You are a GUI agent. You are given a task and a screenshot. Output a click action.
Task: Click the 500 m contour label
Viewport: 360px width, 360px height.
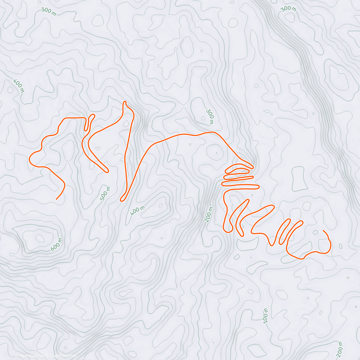(x=105, y=193)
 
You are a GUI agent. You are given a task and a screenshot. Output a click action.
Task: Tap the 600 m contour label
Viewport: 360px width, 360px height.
(x=56, y=244)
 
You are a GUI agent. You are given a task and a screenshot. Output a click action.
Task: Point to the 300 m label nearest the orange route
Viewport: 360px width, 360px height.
(x=210, y=117)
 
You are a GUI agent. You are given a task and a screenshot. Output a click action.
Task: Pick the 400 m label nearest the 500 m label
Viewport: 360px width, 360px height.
(x=137, y=211)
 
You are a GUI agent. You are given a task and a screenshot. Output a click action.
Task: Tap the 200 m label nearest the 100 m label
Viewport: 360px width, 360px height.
(x=340, y=348)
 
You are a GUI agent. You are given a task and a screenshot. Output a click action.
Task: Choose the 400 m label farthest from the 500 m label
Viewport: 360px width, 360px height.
(x=18, y=86)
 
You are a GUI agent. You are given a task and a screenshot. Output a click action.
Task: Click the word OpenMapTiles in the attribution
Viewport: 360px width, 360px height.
(x=31, y=356)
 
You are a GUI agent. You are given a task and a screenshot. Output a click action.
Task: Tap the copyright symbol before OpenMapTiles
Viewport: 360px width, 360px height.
(x=17, y=356)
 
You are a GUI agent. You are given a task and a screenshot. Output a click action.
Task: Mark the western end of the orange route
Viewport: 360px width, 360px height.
(x=56, y=199)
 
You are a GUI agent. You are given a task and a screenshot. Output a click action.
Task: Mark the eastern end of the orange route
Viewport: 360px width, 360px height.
(x=323, y=230)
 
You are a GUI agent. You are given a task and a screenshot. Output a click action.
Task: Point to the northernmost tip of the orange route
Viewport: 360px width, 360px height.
(x=124, y=102)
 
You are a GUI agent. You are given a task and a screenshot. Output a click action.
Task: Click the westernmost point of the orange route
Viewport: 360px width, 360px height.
(x=29, y=159)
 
